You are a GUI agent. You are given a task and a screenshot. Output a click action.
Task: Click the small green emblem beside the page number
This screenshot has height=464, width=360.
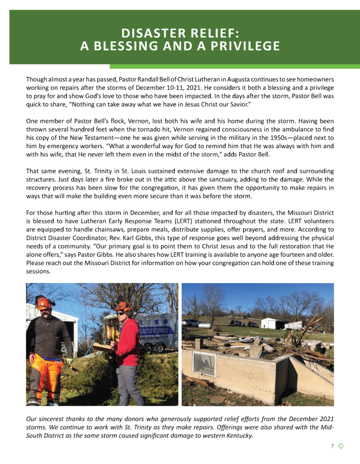(341, 446)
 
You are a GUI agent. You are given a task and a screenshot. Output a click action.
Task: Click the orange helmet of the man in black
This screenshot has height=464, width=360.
(44, 302)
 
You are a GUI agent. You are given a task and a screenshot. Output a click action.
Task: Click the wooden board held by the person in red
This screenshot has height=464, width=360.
(102, 348)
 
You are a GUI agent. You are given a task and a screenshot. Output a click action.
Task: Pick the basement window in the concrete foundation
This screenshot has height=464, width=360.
(204, 363)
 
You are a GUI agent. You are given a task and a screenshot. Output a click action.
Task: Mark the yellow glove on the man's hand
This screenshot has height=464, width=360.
(69, 361)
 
